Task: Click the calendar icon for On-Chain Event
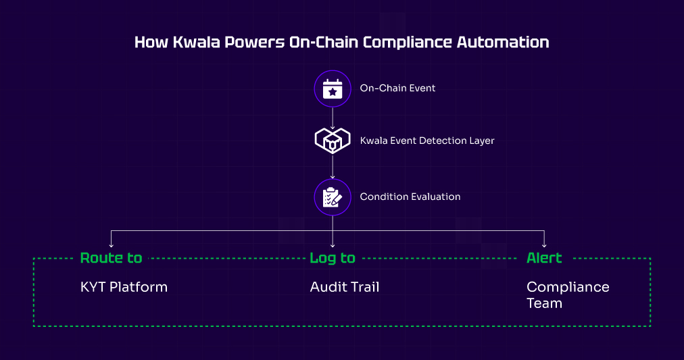pos(332,88)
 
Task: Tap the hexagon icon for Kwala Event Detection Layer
pos(332,140)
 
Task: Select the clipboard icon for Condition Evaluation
pos(332,197)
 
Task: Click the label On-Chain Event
pos(397,88)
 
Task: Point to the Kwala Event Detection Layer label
pos(427,141)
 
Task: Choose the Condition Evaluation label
pos(410,197)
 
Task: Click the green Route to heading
pos(111,258)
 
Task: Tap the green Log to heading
pos(333,258)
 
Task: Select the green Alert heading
pos(544,258)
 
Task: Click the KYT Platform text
pos(124,287)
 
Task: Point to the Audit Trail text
pos(345,287)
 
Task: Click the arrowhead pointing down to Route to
pos(111,244)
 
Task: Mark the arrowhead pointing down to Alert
pos(544,244)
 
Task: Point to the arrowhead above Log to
pos(333,244)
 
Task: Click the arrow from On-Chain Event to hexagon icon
pos(333,118)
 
